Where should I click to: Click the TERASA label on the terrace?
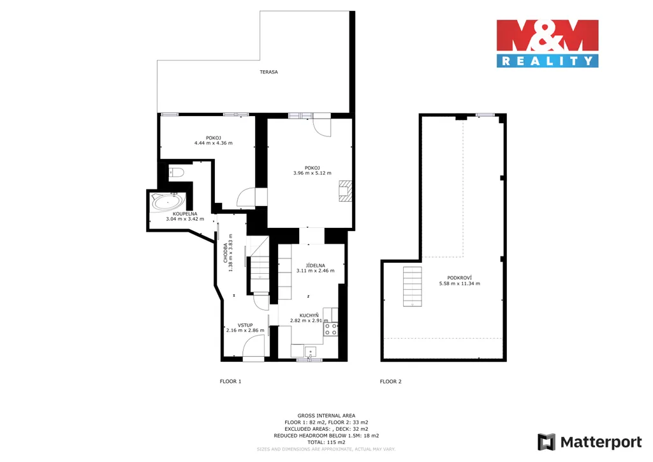click(268, 72)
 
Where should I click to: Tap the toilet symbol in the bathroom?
click(176, 172)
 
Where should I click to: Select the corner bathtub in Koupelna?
click(168, 202)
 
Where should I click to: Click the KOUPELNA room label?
click(185, 214)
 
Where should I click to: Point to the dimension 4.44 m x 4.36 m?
click(213, 143)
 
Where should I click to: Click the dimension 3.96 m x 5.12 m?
click(312, 173)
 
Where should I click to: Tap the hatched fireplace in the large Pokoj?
click(345, 191)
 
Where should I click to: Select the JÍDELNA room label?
click(315, 265)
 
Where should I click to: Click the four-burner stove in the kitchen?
click(331, 329)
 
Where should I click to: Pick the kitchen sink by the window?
click(311, 352)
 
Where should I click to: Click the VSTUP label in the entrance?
click(246, 325)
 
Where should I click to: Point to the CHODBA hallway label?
click(226, 253)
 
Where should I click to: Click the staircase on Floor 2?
click(413, 287)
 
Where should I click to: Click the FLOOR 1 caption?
click(230, 381)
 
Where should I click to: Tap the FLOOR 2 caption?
click(391, 381)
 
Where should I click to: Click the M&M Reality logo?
click(547, 43)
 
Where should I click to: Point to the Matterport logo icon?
click(547, 442)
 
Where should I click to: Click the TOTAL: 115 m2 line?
click(326, 442)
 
